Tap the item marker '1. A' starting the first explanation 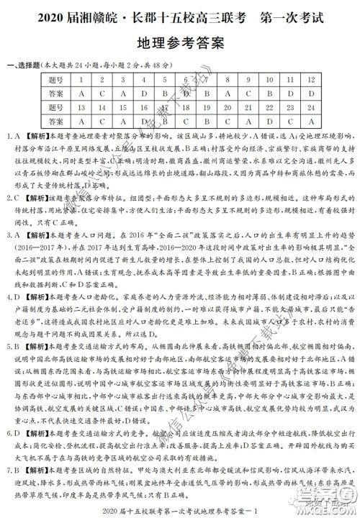[14, 135]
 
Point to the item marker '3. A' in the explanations [14, 235]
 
